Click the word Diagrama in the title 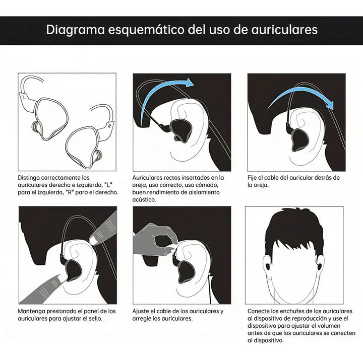[x=74, y=29]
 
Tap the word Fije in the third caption [x=253, y=178]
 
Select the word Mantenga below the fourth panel [x=32, y=311]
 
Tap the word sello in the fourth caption [x=99, y=319]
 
